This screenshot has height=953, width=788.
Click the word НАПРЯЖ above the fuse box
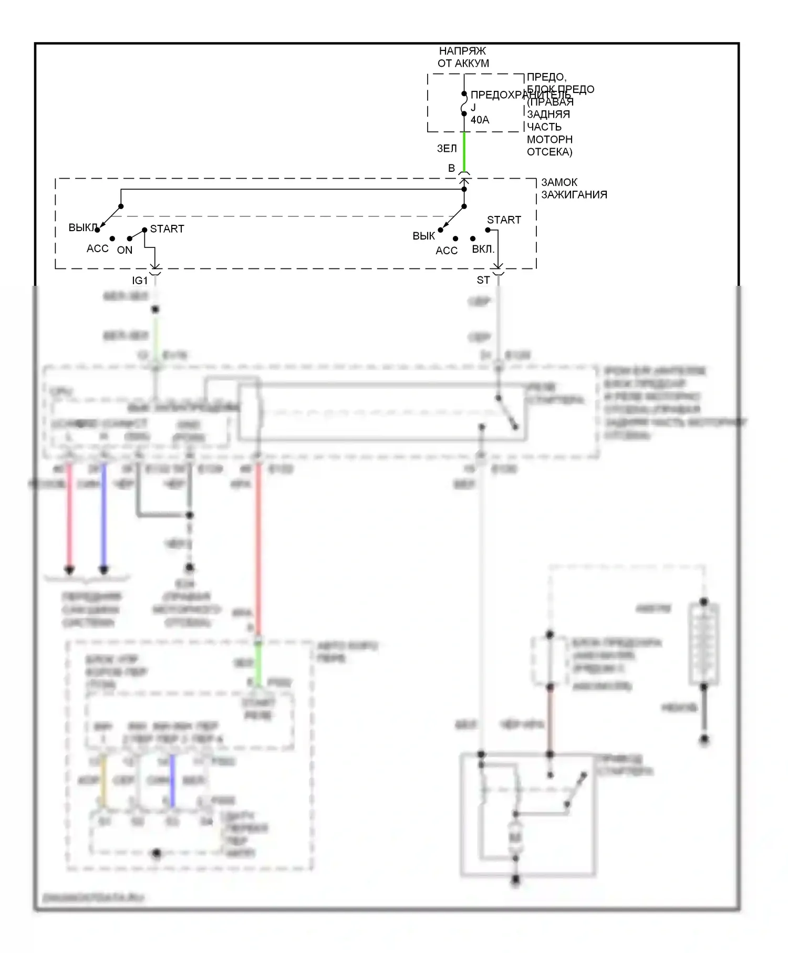[x=462, y=51]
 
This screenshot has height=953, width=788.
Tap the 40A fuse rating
[x=480, y=120]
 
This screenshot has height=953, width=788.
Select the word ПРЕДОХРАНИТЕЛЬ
[x=520, y=95]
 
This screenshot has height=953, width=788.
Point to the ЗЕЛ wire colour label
[x=447, y=149]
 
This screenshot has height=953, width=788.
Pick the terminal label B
[x=451, y=169]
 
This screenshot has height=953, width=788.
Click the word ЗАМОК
[x=559, y=182]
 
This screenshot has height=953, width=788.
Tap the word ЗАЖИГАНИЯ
[x=574, y=195]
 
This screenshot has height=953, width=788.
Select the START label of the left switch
[x=167, y=229]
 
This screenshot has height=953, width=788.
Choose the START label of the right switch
[x=504, y=220]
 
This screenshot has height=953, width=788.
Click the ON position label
[x=125, y=251]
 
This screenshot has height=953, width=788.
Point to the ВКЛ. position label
[x=483, y=249]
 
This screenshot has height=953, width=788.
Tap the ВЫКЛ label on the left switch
[x=82, y=228]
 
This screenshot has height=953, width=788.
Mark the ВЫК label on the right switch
[x=423, y=236]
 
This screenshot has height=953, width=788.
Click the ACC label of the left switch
[x=97, y=248]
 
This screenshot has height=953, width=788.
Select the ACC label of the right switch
[x=447, y=251]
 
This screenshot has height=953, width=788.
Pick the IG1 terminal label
[x=140, y=281]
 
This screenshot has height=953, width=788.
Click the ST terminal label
[x=483, y=281]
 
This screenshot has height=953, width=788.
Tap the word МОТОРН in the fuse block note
[x=549, y=140]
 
